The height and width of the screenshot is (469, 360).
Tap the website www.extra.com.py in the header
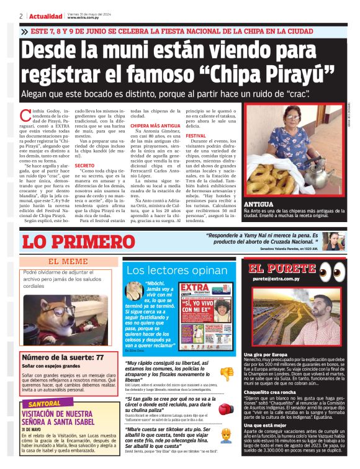(x=84, y=18)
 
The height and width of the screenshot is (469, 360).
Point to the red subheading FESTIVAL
(x=196, y=135)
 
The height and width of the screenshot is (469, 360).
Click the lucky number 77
(x=99, y=358)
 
